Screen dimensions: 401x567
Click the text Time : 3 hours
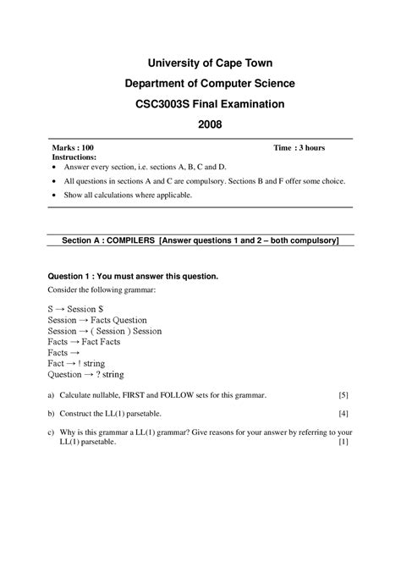click(x=299, y=147)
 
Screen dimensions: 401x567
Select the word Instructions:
click(x=74, y=157)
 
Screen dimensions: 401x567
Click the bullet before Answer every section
click(x=55, y=168)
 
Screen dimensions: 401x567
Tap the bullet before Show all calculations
click(x=55, y=195)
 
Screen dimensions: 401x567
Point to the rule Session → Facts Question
click(x=97, y=321)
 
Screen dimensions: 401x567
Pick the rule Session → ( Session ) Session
click(x=104, y=331)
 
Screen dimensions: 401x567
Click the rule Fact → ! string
click(x=76, y=363)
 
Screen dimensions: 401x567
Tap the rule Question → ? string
click(x=88, y=373)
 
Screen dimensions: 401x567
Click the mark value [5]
click(x=343, y=395)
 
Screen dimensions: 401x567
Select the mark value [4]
click(x=343, y=413)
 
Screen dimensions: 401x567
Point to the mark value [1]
click(x=343, y=442)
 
